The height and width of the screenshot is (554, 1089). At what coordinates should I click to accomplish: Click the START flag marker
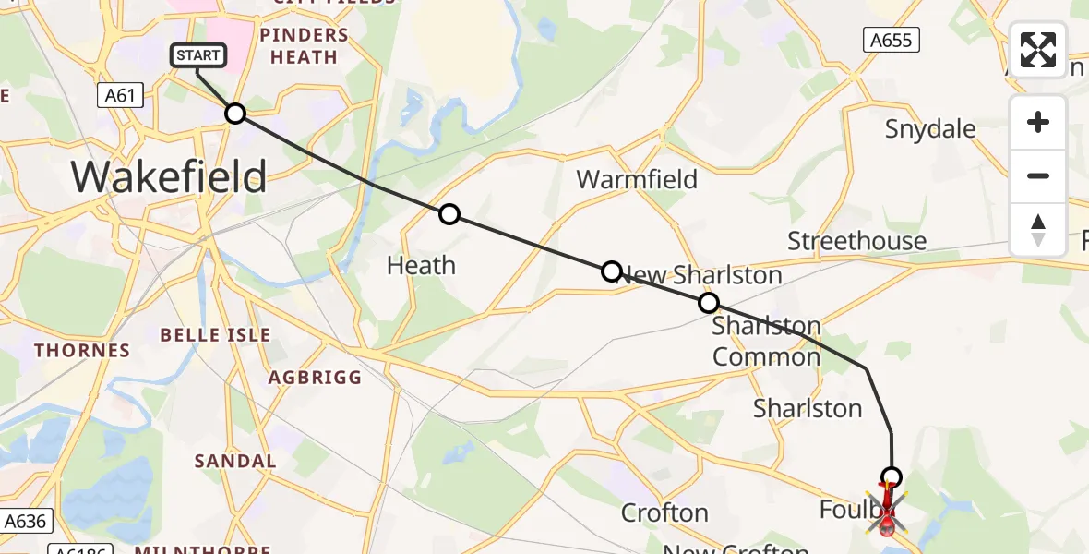click(197, 56)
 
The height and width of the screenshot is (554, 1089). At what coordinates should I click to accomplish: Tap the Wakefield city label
click(169, 175)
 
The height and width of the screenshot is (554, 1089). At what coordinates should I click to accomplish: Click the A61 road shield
click(120, 94)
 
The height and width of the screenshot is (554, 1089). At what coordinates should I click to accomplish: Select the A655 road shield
click(892, 40)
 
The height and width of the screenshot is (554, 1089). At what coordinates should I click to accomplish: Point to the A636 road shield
click(24, 521)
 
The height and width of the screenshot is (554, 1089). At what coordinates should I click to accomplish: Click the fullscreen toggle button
click(1038, 50)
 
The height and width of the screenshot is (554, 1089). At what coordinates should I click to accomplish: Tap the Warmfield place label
click(637, 178)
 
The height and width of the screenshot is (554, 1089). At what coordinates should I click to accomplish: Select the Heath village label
click(421, 266)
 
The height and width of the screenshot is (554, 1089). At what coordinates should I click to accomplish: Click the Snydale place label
click(930, 128)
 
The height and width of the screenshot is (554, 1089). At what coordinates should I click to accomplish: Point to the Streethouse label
click(856, 241)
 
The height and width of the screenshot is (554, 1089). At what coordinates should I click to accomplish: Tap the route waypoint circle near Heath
click(449, 214)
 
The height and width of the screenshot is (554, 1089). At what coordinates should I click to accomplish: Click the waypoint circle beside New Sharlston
click(611, 271)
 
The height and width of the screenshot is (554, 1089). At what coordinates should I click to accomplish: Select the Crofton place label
click(664, 512)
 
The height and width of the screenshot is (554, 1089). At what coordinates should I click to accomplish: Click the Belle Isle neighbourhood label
click(216, 334)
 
